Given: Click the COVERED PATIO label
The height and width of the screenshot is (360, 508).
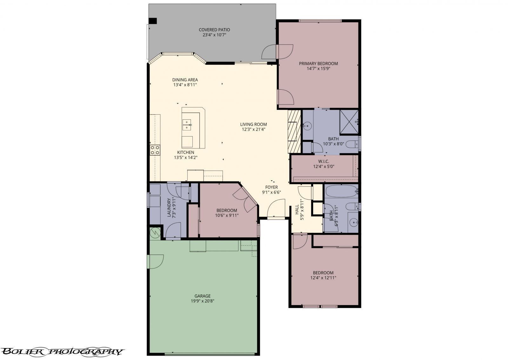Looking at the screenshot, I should click(214, 30).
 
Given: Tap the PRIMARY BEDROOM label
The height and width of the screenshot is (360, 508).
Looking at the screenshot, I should click(318, 64).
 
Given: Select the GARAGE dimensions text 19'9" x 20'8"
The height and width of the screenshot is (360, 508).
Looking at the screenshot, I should click(203, 301).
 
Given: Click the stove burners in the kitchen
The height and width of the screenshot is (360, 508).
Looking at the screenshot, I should click(155, 150).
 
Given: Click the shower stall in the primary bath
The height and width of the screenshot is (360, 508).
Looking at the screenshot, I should click(349, 122).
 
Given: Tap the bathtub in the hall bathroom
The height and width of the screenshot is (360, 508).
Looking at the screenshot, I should click(341, 191).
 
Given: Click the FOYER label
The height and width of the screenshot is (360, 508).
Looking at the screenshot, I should click(271, 187).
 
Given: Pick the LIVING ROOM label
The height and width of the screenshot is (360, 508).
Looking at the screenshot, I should click(253, 124).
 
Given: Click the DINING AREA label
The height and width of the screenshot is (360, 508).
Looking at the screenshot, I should click(185, 80).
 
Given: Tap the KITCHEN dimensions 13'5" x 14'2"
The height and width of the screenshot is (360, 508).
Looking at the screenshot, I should click(186, 157).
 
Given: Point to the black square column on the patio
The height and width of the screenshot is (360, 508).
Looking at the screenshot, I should click(153, 21).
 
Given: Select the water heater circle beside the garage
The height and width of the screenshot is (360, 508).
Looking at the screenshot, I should click(155, 233).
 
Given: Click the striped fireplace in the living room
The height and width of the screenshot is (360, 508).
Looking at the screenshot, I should click(294, 131).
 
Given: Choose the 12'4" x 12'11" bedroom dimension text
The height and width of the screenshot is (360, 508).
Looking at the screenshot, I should click(323, 278).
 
